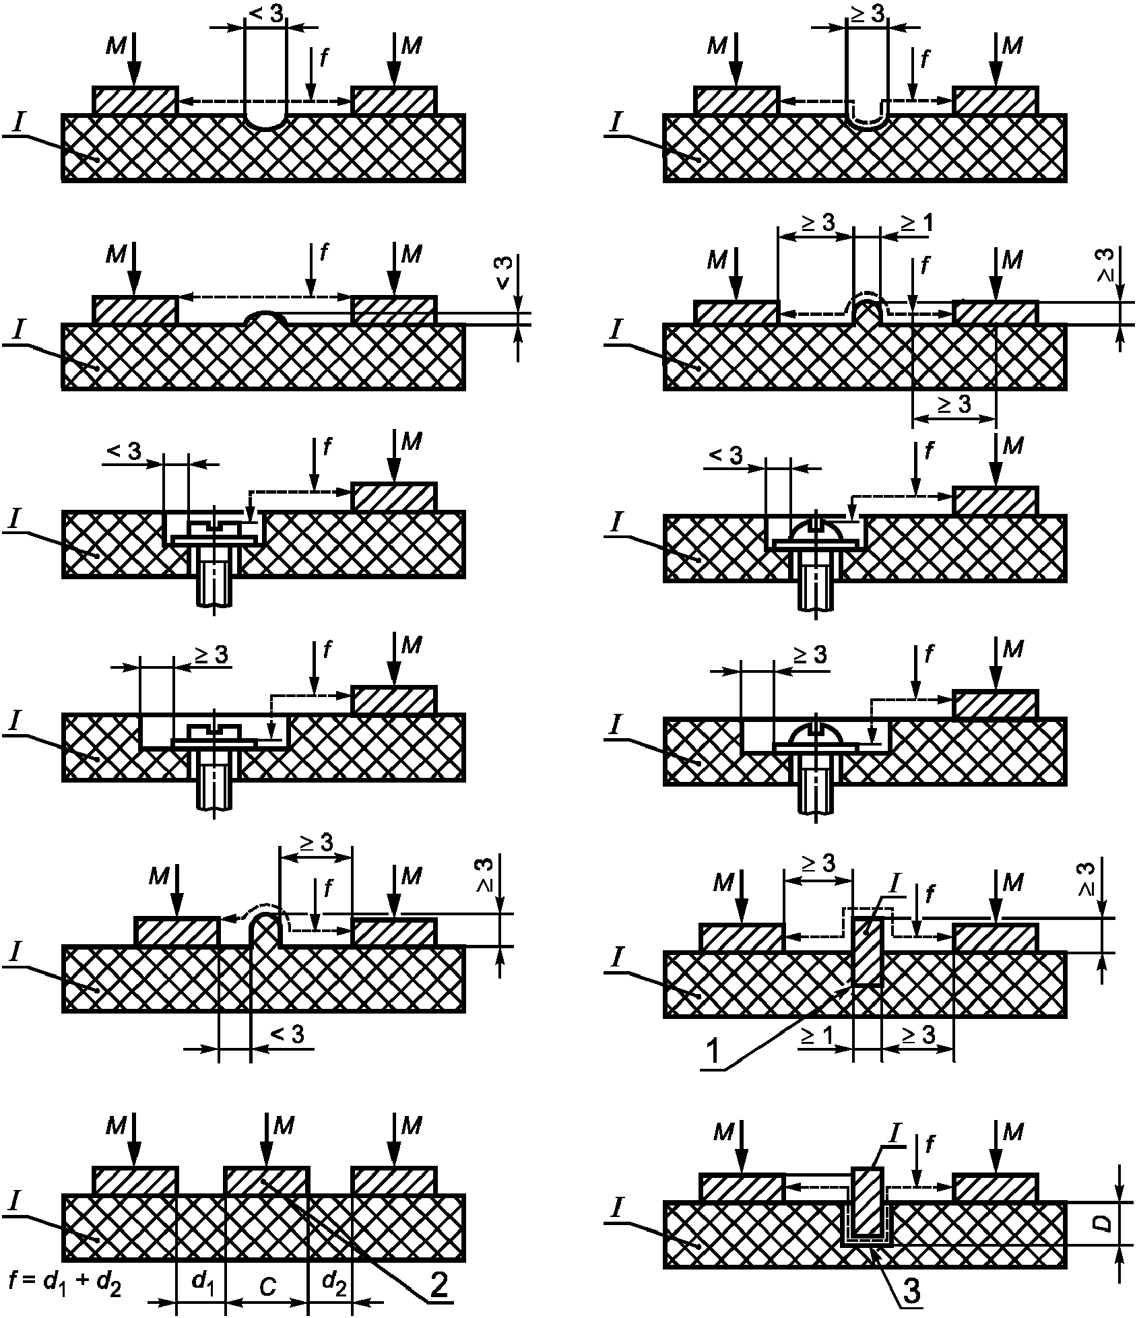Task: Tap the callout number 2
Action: click(x=438, y=1286)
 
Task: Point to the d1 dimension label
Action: click(x=203, y=1284)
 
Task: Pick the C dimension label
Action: click(x=267, y=1287)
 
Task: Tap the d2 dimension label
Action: click(x=334, y=1284)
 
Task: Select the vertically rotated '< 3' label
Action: click(x=505, y=273)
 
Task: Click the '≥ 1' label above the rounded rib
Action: click(x=916, y=223)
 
